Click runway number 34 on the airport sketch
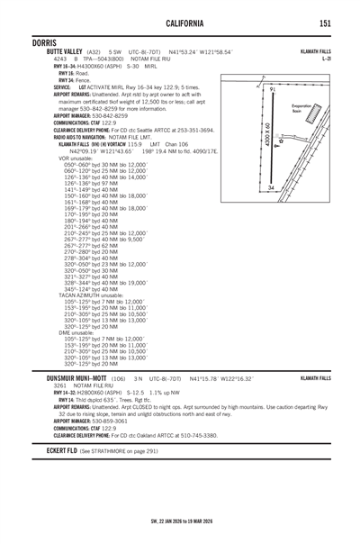click(270, 186)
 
